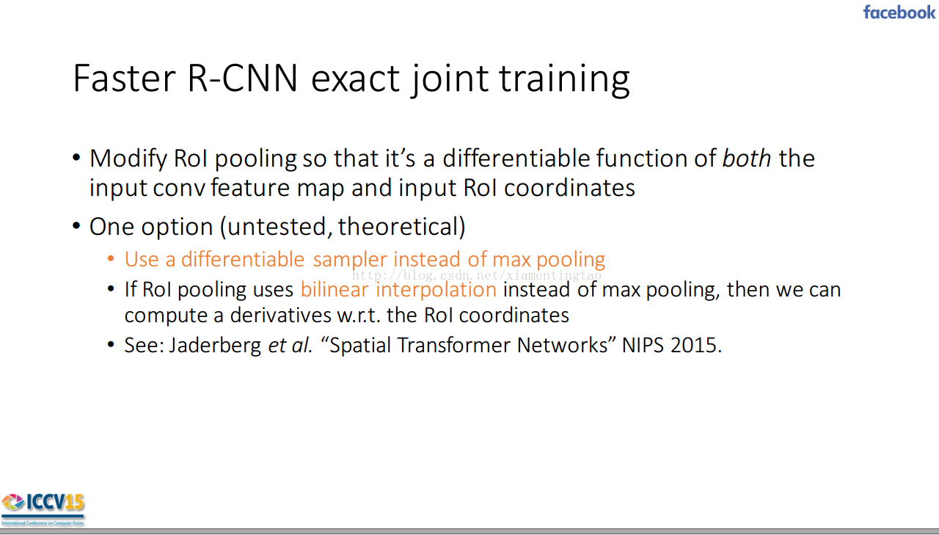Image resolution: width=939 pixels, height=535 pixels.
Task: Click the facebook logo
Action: click(x=899, y=12)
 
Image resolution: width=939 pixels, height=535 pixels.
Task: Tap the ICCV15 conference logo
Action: click(x=43, y=509)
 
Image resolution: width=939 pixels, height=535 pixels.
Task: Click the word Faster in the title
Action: click(x=124, y=79)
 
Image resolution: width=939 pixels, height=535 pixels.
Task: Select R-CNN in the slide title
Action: click(x=242, y=79)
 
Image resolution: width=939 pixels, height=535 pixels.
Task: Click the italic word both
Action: click(x=747, y=159)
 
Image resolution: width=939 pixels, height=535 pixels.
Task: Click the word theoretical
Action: click(x=398, y=227)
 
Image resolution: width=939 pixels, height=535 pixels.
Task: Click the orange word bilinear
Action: click(x=335, y=289)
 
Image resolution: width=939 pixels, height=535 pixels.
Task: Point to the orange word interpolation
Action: click(x=436, y=290)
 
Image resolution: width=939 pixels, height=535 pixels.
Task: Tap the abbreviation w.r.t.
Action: click(x=359, y=316)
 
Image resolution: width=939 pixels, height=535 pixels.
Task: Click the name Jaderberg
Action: click(x=215, y=346)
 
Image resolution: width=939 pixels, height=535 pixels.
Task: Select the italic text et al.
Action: click(x=290, y=346)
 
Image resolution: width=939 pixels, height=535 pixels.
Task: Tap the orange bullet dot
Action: click(x=111, y=258)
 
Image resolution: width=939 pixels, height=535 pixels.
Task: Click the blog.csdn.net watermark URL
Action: click(x=477, y=275)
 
